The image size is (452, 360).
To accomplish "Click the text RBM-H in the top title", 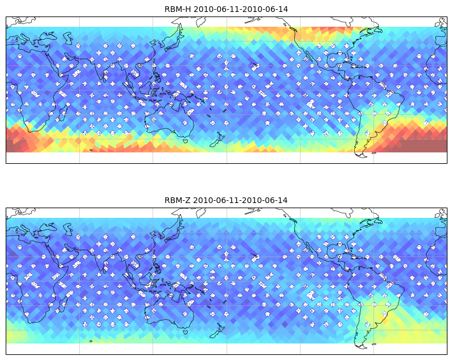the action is pyautogui.click(x=177, y=9).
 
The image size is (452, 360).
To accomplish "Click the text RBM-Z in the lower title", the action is pyautogui.click(x=177, y=200).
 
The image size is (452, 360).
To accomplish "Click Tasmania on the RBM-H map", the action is pyautogui.click(x=186, y=141).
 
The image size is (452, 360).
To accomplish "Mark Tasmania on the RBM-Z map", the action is pyautogui.click(x=186, y=332).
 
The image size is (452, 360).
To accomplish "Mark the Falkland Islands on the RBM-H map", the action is pyautogui.click(x=374, y=153).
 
